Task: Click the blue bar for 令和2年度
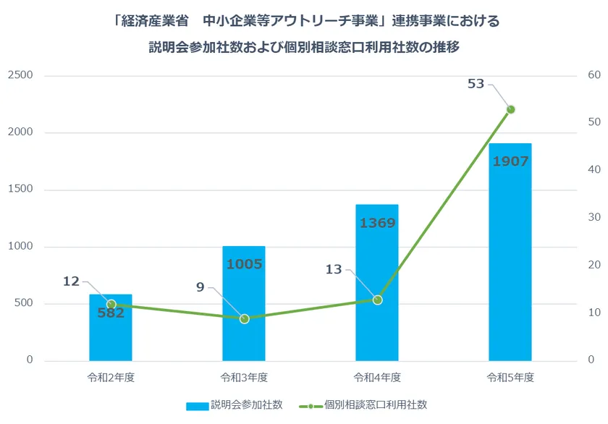click(111, 340)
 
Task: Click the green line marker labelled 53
click(510, 109)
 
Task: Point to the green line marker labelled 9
click(244, 318)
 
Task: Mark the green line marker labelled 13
click(377, 300)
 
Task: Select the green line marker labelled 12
click(111, 305)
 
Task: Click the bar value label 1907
click(510, 161)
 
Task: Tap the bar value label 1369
click(377, 223)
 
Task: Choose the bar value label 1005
click(244, 264)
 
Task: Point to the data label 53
click(476, 84)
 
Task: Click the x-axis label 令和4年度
click(377, 377)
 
